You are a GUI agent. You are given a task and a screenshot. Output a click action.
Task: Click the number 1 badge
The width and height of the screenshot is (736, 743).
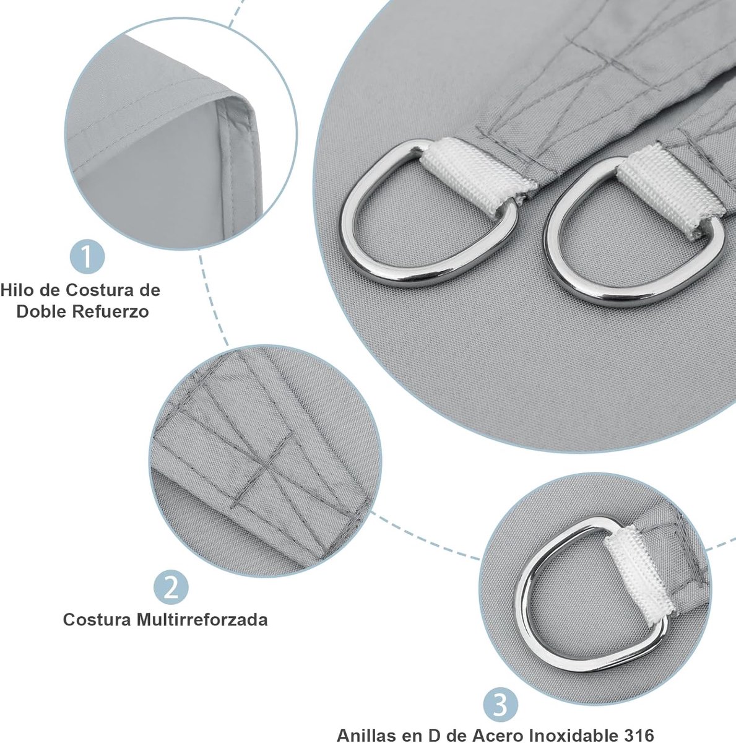87,256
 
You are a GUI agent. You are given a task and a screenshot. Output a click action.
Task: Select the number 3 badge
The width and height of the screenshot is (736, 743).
500,705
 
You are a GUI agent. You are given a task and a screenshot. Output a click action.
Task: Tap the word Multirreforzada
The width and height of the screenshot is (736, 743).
202,620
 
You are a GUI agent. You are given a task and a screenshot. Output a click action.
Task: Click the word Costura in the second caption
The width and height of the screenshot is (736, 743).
97,620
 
